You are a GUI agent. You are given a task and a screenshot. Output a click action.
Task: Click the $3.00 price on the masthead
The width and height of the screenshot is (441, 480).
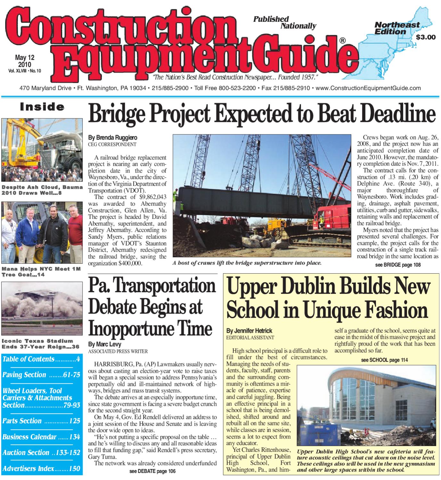[x=426, y=37]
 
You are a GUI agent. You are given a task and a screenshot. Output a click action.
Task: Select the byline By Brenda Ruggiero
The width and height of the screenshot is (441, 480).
[x=113, y=138]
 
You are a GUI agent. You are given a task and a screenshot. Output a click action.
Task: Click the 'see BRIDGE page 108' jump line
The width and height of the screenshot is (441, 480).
[x=398, y=265]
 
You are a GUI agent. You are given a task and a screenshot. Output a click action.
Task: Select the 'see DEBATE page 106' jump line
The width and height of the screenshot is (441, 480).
[x=152, y=471]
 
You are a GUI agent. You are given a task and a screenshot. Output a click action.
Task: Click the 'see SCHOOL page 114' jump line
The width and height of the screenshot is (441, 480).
[x=384, y=360]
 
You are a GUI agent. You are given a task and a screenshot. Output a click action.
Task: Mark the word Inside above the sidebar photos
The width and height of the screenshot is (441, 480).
[x=42, y=107]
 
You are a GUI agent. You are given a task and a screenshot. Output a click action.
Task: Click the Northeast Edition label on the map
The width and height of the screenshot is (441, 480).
[x=397, y=28]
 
